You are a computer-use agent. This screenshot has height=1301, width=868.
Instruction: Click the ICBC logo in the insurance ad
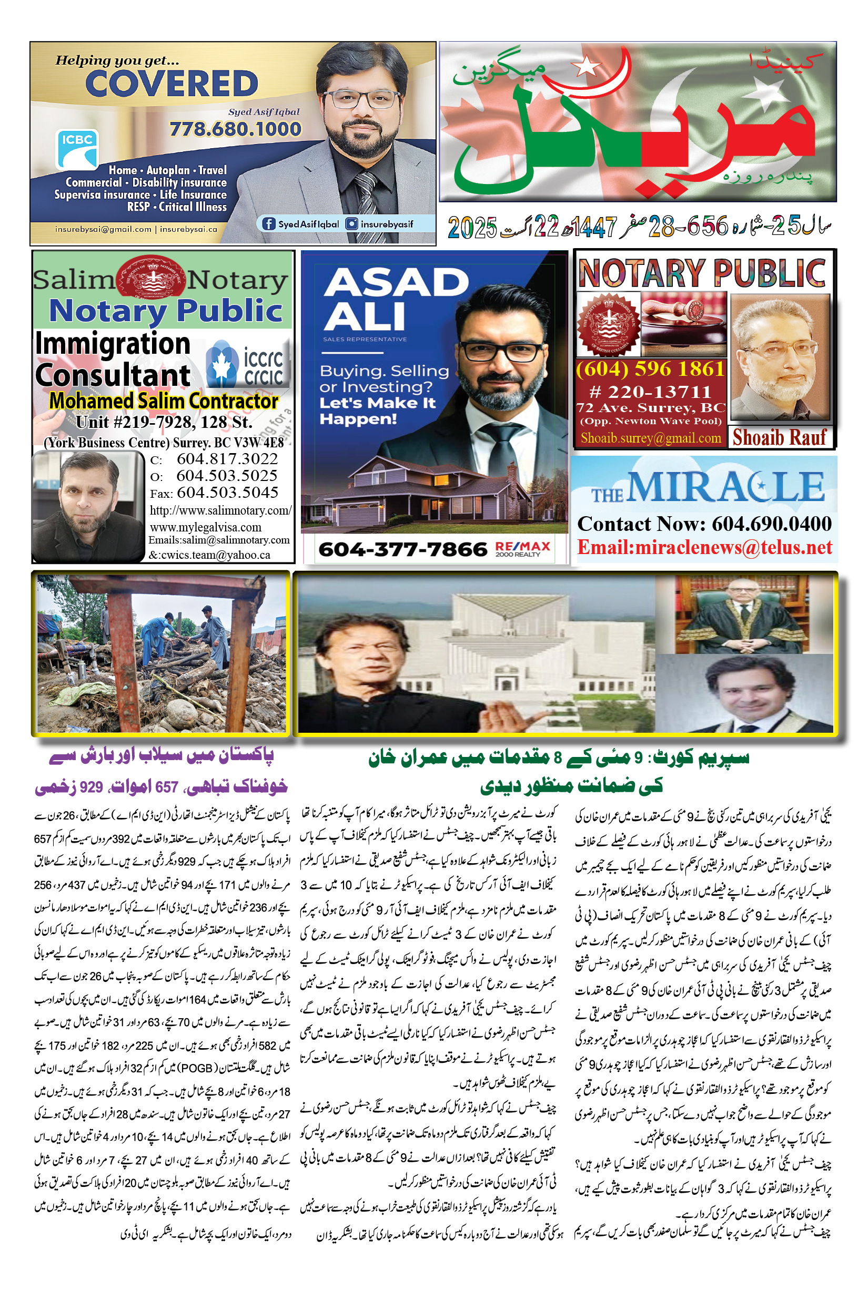pos(77,149)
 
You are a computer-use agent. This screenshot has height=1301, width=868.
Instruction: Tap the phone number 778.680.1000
pos(235,129)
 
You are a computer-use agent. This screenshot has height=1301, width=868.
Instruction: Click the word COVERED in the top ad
pos(171,84)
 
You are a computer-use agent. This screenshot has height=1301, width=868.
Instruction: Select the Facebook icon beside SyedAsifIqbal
pos(268,223)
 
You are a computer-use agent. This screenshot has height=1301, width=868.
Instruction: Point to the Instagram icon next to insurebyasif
pos(351,223)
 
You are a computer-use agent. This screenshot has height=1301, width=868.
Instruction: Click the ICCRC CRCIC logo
pos(245,366)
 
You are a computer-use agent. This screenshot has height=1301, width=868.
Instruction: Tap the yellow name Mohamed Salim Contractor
pos(163,401)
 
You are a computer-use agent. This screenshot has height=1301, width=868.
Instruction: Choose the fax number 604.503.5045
pos(227,493)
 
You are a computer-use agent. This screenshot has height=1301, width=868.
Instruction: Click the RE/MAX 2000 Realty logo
pos(522,548)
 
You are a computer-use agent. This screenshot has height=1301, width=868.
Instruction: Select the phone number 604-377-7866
pos(402,549)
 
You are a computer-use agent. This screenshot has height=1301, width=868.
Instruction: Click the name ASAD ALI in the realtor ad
pos(395,299)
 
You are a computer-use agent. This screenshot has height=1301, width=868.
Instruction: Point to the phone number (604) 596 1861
pos(650,369)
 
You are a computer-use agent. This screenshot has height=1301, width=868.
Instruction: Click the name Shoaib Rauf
pos(779,437)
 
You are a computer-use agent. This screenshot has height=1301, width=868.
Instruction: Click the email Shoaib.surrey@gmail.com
pos(650,438)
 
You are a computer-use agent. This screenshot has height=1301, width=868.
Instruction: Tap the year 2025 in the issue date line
pos(472,227)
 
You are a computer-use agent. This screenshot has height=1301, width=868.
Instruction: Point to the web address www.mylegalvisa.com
pos(205,527)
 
